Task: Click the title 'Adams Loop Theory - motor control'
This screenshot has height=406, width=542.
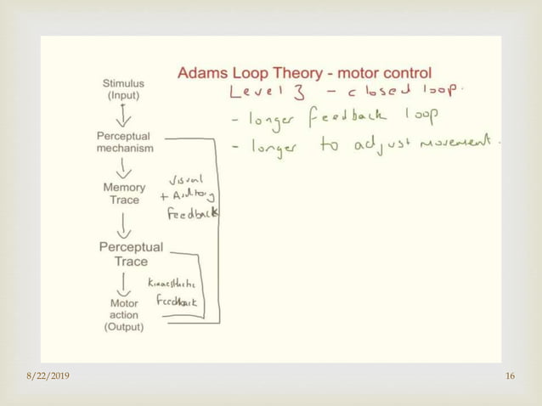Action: (x=304, y=73)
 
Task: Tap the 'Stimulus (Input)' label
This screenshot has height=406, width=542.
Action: (x=123, y=90)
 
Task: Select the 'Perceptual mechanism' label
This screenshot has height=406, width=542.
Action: (x=124, y=142)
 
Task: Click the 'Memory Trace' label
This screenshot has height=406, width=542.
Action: (x=124, y=193)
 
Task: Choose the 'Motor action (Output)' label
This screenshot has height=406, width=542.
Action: (x=124, y=314)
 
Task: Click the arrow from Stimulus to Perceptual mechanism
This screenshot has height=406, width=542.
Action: (x=124, y=115)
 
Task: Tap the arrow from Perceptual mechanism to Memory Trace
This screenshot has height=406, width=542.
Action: (x=124, y=167)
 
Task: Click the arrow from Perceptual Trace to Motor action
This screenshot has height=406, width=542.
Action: (x=125, y=282)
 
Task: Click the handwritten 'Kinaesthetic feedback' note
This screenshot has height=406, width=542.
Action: (x=177, y=291)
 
